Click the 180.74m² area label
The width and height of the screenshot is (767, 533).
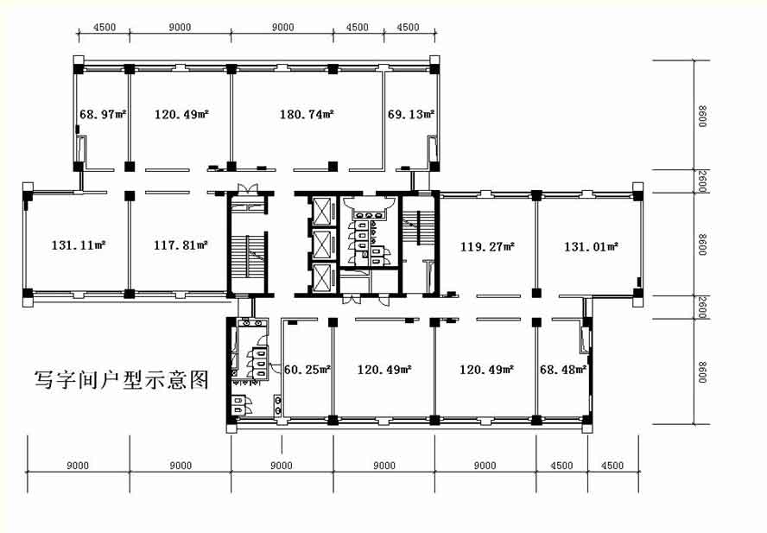coord(307,115)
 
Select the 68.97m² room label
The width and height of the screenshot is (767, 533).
coord(103,115)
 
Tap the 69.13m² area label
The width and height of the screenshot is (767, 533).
coord(411,115)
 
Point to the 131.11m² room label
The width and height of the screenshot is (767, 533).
coord(79,244)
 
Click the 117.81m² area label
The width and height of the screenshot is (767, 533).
coord(181,244)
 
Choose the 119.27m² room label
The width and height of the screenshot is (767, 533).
coord(487,246)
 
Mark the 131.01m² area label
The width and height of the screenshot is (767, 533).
coord(591,246)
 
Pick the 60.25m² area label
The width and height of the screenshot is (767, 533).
coord(307,370)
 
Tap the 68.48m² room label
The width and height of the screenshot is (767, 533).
coord(563,370)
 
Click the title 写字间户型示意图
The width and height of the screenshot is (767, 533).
coord(121,379)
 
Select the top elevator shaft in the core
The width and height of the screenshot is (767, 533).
coord(322,211)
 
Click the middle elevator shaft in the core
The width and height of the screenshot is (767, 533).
coord(322,244)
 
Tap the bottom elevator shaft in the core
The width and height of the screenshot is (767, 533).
coord(322,277)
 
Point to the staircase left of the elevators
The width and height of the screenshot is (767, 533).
coord(249,256)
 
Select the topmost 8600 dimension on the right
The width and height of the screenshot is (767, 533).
coord(702,116)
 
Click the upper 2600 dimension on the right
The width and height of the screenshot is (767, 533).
coord(702,181)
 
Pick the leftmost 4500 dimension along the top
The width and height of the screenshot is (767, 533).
coord(105,28)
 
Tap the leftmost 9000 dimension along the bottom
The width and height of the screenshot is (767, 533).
coord(78,466)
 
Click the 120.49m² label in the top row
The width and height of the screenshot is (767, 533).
coord(181,115)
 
